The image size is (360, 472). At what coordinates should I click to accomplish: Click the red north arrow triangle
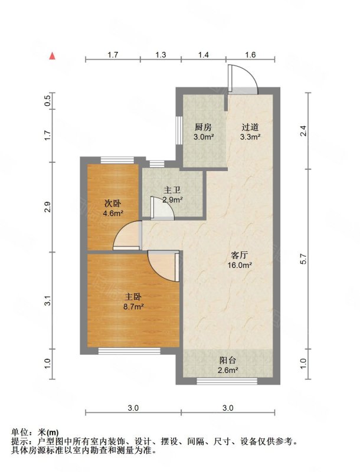pyautogui.click(x=53, y=56)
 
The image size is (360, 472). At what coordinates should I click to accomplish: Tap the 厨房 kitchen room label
pyautogui.click(x=203, y=127)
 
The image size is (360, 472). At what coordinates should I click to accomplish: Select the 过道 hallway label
pyautogui.click(x=250, y=127)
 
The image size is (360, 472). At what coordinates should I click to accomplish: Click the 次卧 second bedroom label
pyautogui.click(x=113, y=204)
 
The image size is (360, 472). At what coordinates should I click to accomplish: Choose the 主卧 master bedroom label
pyautogui.click(x=133, y=297)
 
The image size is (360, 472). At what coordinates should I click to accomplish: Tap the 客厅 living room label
pyautogui.click(x=239, y=255)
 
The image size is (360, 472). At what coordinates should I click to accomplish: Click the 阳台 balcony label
pyautogui.click(x=228, y=360)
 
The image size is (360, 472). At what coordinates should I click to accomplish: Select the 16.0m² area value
pyautogui.click(x=240, y=265)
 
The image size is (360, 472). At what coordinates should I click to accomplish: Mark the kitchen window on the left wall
pyautogui.click(x=179, y=130)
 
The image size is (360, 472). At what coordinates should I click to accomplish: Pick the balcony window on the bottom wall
pyautogui.click(x=227, y=381)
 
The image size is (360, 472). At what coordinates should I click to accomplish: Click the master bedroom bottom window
pyautogui.click(x=129, y=350)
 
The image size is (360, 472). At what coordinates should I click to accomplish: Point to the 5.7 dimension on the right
pyautogui.click(x=303, y=259)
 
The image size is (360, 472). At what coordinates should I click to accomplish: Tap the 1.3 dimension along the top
pyautogui.click(x=161, y=55)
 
